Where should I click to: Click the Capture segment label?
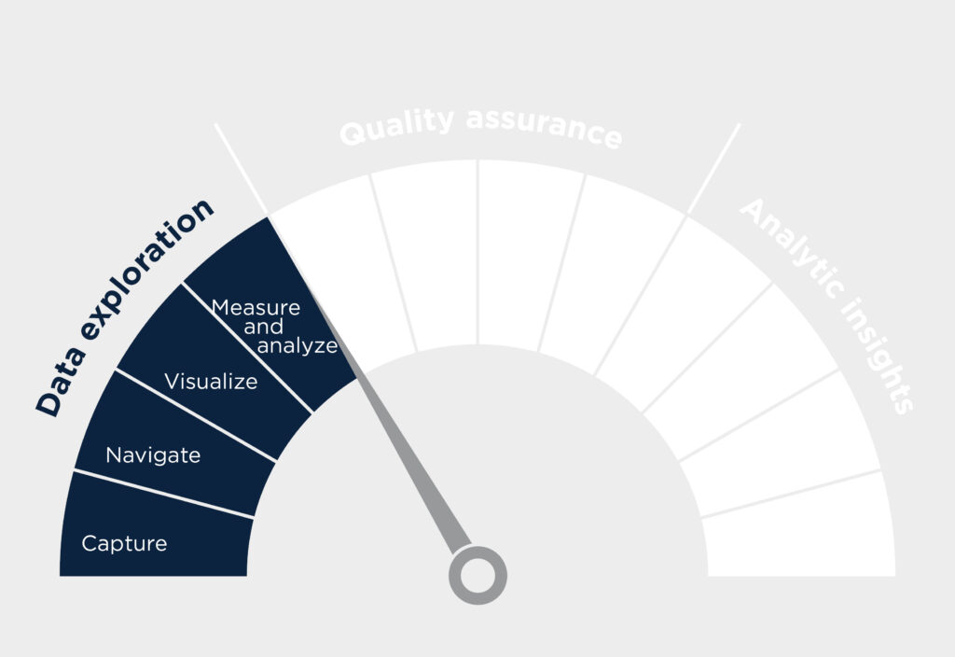(x=124, y=544)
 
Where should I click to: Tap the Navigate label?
(x=153, y=455)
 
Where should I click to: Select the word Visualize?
(x=211, y=382)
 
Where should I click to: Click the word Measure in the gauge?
(x=256, y=307)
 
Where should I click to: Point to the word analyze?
(x=298, y=346)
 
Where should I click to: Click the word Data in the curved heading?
(x=61, y=384)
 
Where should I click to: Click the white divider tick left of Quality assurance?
(x=241, y=169)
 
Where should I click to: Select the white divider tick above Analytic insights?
(x=713, y=169)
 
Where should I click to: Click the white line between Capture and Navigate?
(x=163, y=495)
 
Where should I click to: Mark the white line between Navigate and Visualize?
(x=196, y=415)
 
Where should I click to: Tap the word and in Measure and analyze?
(x=263, y=328)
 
